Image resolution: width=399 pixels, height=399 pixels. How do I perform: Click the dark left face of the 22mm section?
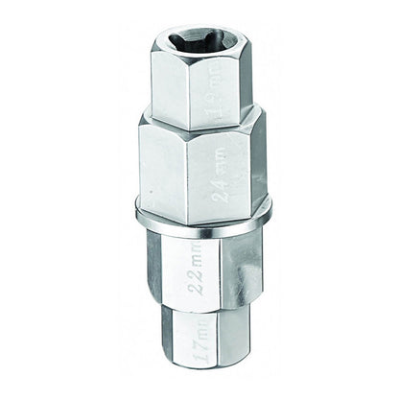[161, 273]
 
